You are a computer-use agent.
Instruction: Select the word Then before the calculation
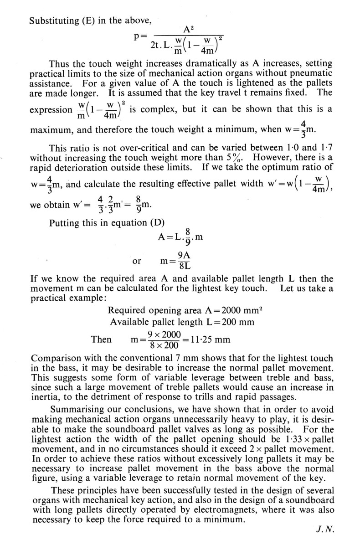[101, 339]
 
